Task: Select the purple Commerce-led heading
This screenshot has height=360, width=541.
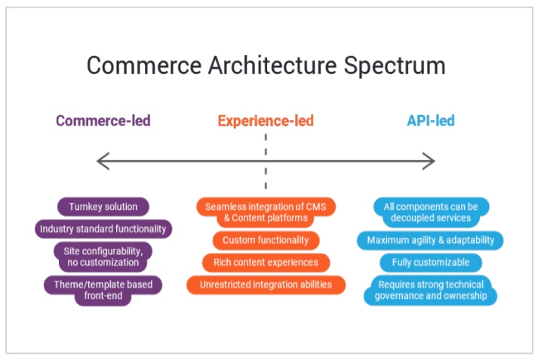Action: (103, 121)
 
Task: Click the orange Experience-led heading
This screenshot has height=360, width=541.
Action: (266, 121)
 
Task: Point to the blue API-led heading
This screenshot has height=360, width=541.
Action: (431, 121)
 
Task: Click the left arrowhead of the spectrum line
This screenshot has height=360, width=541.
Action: (102, 161)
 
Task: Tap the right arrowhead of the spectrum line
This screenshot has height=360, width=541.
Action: (430, 161)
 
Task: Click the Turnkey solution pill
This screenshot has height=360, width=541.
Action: (103, 207)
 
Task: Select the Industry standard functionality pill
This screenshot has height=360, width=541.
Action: (104, 229)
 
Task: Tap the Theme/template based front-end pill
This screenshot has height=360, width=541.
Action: (103, 291)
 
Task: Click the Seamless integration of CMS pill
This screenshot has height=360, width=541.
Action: (266, 212)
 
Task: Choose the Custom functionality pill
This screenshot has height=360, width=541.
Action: (266, 240)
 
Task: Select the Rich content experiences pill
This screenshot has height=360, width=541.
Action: (266, 263)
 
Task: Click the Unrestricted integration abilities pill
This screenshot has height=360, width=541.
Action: (266, 285)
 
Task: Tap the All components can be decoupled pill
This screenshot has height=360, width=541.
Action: (431, 212)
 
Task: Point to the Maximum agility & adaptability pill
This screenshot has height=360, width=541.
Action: (431, 240)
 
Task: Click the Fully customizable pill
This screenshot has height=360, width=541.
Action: (431, 263)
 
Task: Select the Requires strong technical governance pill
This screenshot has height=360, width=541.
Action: (431, 291)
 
